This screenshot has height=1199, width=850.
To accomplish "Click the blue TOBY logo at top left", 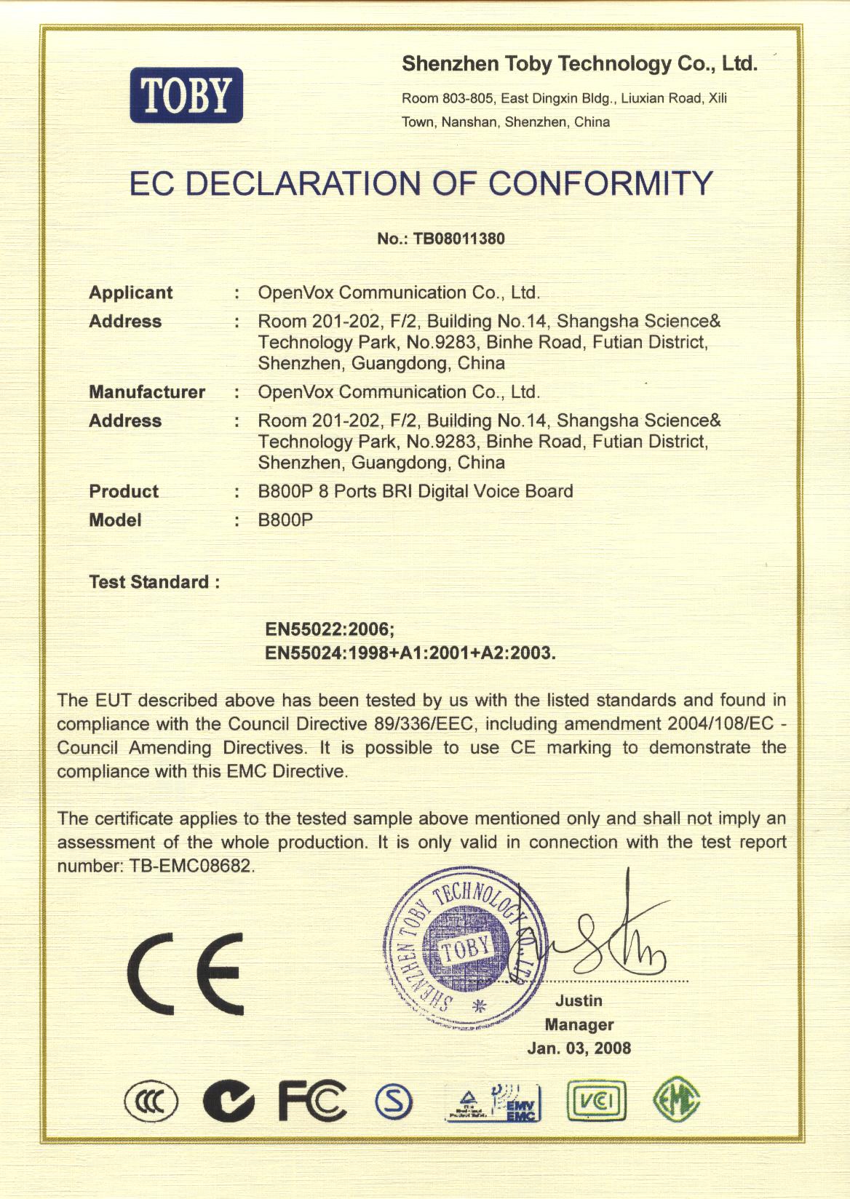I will coord(186,95).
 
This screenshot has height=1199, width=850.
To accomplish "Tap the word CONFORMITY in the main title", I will coord(601,183).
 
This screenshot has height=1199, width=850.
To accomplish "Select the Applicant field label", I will coord(131,292).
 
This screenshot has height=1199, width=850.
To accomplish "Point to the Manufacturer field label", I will coord(147,392).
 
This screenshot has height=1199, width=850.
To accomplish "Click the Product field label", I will coord(124,491).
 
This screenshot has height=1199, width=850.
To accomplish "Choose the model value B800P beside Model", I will coord(285,520).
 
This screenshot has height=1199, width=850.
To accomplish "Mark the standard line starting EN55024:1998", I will coord(410,653).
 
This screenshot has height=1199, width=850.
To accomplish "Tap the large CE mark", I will coord(186,974).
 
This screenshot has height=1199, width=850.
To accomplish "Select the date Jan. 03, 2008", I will coord(579,1048).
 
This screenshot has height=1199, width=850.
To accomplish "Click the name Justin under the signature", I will coord(579,1001).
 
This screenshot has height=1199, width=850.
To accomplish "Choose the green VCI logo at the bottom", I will coord(596,1102).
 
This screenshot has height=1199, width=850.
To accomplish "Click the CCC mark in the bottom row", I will coord(151,1102).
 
